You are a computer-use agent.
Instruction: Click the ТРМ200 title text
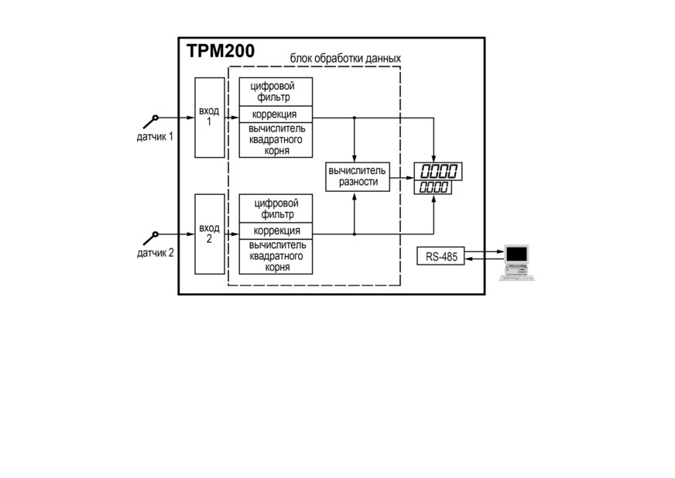pyautogui.click(x=221, y=51)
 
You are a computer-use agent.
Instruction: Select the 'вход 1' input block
pyautogui.click(x=210, y=118)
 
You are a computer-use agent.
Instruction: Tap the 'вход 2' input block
pyautogui.click(x=210, y=234)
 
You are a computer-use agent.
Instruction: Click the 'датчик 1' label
pyautogui.click(x=155, y=137)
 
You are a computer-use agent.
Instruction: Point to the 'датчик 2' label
pyautogui.click(x=156, y=253)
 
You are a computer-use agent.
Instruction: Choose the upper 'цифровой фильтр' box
pyautogui.click(x=276, y=91)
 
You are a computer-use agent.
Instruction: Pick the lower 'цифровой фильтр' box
pyautogui.click(x=276, y=209)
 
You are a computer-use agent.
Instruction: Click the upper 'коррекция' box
pyautogui.click(x=276, y=114)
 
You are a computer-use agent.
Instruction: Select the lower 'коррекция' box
pyautogui.click(x=276, y=230)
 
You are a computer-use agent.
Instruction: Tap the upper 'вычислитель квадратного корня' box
pyautogui.click(x=276, y=140)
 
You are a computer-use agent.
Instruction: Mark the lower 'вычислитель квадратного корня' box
pyautogui.click(x=276, y=257)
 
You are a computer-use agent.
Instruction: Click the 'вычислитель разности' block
pyautogui.click(x=358, y=176)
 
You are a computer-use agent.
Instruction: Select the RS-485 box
pyautogui.click(x=440, y=256)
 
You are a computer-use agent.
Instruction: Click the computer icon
pyautogui.click(x=516, y=263)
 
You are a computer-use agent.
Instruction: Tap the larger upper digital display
pyautogui.click(x=438, y=171)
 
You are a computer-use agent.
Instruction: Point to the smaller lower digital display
pyautogui.click(x=433, y=187)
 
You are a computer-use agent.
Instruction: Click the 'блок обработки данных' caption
pyautogui.click(x=345, y=58)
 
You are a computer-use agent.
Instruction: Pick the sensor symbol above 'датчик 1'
pyautogui.click(x=151, y=121)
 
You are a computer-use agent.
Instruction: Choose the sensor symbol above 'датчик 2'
pyautogui.click(x=151, y=238)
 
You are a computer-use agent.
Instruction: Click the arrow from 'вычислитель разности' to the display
pyautogui.click(x=402, y=177)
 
